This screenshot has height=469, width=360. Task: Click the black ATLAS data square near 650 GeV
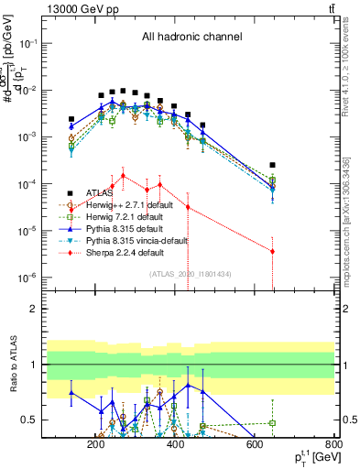[272, 165]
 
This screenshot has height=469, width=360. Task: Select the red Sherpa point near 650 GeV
[272, 251]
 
